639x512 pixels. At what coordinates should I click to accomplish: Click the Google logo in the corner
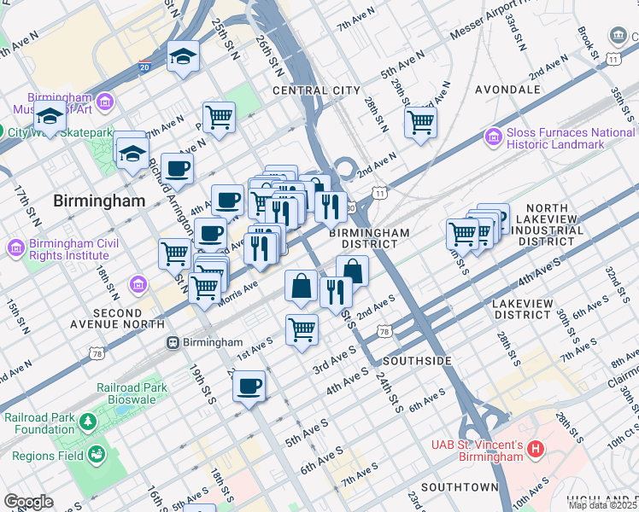click(x=28, y=502)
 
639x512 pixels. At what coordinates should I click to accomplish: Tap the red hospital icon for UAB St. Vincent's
click(x=536, y=448)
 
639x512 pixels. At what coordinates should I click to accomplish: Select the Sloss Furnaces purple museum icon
click(x=493, y=137)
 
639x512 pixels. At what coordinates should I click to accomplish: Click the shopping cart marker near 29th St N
click(x=420, y=121)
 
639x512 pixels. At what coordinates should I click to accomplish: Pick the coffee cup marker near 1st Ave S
click(x=249, y=385)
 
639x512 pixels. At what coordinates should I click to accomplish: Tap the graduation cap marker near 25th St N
click(x=183, y=56)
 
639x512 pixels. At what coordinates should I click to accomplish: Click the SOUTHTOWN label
click(x=459, y=487)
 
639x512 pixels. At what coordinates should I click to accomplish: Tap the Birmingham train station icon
click(x=173, y=342)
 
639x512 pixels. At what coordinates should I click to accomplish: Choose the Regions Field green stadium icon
click(x=97, y=454)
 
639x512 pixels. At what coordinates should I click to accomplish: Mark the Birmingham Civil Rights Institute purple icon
click(x=15, y=247)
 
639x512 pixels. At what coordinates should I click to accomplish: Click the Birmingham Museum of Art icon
click(x=105, y=102)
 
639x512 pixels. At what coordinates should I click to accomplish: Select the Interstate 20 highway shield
click(x=142, y=67)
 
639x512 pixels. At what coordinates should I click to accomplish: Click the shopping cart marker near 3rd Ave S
click(x=302, y=329)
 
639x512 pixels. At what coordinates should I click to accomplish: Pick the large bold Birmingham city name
click(x=99, y=201)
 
